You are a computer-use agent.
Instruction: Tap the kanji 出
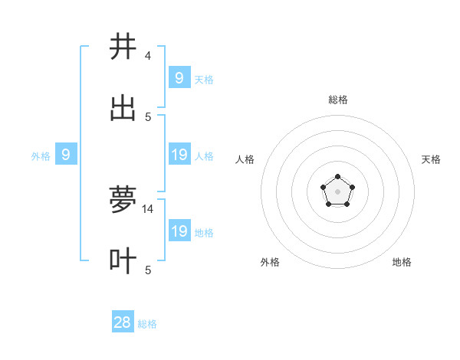pyautogui.click(x=123, y=110)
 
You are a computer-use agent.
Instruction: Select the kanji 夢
pyautogui.click(x=123, y=201)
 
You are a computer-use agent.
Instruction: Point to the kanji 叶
pyautogui.click(x=123, y=261)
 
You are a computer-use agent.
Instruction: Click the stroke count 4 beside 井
pyautogui.click(x=148, y=56)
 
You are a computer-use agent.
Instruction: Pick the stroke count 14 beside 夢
pyautogui.click(x=148, y=208)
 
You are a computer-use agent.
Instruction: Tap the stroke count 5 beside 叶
pyautogui.click(x=148, y=270)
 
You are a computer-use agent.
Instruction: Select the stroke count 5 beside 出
pyautogui.click(x=148, y=117)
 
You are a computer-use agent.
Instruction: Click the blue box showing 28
pyautogui.click(x=123, y=322)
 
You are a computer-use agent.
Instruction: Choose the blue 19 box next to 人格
pyautogui.click(x=179, y=155)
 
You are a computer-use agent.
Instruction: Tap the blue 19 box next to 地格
pyautogui.click(x=179, y=231)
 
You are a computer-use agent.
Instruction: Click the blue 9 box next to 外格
pyautogui.click(x=66, y=155)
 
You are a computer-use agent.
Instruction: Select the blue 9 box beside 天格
pyautogui.click(x=179, y=77)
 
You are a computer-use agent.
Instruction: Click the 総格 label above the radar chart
pyautogui.click(x=338, y=100)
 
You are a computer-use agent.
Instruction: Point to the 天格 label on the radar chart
pyautogui.click(x=432, y=159)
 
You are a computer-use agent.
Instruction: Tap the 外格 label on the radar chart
pyautogui.click(x=270, y=262)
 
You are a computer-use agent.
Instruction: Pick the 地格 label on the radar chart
pyautogui.click(x=402, y=262)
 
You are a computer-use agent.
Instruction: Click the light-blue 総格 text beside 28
pyautogui.click(x=147, y=324)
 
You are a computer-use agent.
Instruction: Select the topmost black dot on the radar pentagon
pyautogui.click(x=338, y=178)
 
